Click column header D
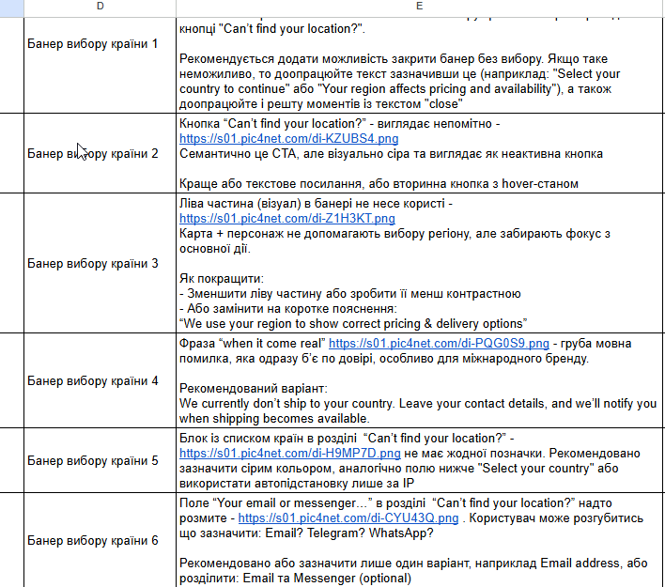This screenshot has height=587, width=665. pos(100,8)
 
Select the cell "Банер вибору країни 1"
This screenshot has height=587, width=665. pos(93,43)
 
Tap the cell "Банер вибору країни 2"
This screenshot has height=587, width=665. pos(93,152)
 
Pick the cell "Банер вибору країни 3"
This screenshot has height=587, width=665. pos(93,263)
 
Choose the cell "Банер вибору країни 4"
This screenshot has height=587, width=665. pos(93,381)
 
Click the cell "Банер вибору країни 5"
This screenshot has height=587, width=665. pos(93,461)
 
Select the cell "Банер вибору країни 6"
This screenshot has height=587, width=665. pos(93,540)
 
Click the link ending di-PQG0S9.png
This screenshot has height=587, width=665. pos(439,344)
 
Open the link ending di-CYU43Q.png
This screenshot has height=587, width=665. pos(348,517)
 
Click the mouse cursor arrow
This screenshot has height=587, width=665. pos(82,150)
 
